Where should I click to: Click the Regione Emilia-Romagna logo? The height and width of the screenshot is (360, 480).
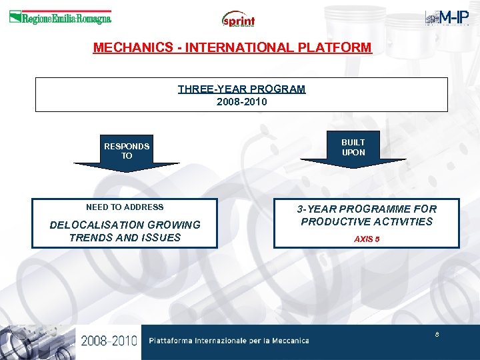tap(60, 18)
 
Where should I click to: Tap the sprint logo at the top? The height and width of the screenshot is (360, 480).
tap(239, 19)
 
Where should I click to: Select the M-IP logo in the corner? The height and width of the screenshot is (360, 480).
tap(447, 18)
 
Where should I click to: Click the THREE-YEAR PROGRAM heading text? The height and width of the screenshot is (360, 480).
tap(241, 89)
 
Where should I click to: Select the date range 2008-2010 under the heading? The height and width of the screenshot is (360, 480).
tap(241, 102)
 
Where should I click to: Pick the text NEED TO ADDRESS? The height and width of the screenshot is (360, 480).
tap(125, 207)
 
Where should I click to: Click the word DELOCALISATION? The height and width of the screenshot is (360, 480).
tap(96, 225)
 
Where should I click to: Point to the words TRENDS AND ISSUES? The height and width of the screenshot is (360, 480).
tap(125, 237)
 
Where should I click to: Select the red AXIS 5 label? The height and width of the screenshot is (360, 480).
tap(367, 239)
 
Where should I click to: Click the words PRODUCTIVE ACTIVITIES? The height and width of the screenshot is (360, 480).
tap(367, 221)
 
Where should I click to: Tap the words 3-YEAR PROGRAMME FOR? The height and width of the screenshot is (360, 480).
tap(367, 209)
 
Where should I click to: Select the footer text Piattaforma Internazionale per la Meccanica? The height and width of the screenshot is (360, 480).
tap(229, 341)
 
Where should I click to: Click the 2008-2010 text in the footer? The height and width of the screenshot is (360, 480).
tap(109, 341)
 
